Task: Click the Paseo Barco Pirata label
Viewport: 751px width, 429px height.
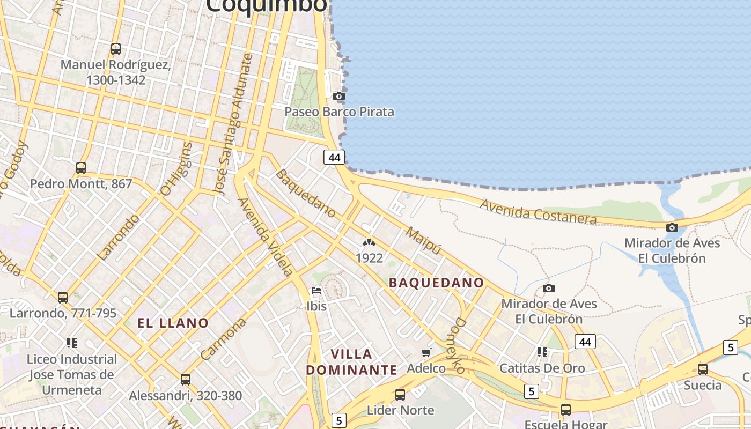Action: (339, 112)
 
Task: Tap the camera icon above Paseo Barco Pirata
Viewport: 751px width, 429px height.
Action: (338, 97)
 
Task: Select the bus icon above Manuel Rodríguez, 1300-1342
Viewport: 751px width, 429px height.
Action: (116, 49)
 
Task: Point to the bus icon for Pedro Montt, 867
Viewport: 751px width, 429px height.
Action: (81, 168)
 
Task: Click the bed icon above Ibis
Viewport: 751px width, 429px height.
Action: (316, 291)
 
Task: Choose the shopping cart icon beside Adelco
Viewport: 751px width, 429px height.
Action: (426, 352)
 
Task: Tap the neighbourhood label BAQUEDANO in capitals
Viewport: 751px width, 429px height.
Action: (436, 283)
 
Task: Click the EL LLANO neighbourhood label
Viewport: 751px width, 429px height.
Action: (173, 323)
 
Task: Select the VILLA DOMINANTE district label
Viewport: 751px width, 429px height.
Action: (352, 362)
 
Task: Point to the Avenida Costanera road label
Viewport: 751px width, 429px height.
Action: (538, 212)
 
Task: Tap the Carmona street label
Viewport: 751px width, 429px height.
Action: (223, 338)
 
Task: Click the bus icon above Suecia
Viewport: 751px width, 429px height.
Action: (702, 369)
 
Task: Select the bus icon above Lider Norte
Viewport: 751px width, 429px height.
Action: (400, 395)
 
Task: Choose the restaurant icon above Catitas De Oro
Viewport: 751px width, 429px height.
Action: (542, 352)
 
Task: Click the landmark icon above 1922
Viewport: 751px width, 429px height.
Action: (369, 243)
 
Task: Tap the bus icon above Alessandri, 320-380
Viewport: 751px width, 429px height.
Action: (186, 380)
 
